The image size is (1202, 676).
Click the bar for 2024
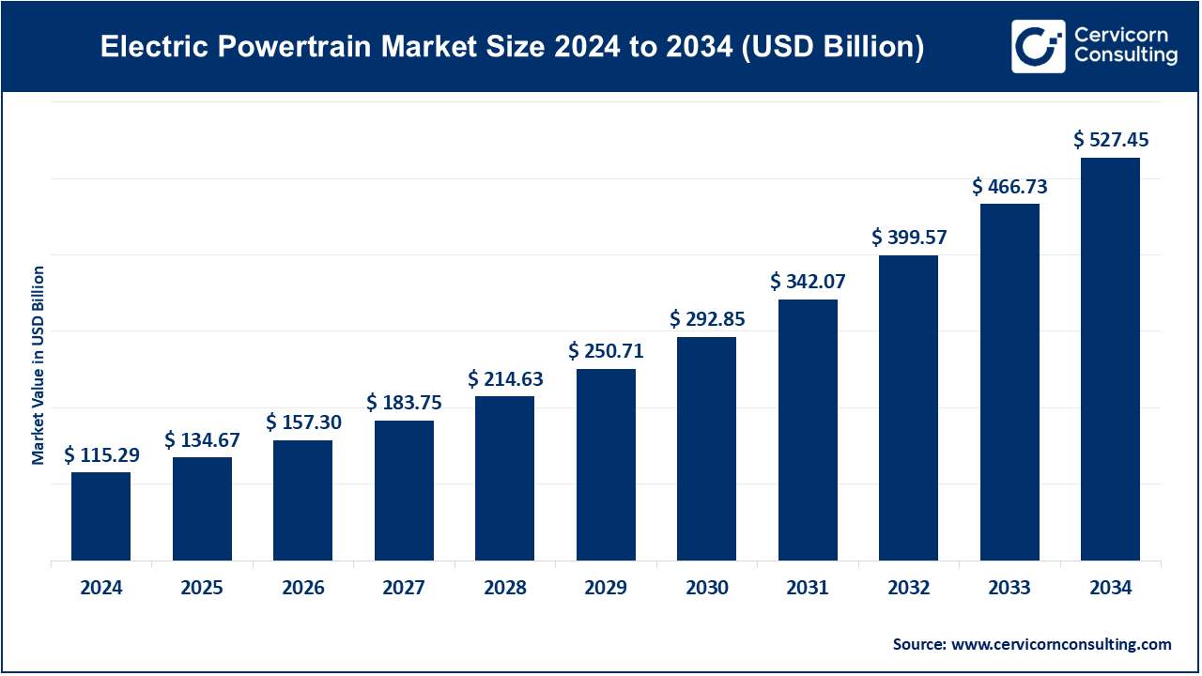[x=100, y=516]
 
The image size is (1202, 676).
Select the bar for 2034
[x=1110, y=360]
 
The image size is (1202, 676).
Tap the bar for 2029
[x=606, y=465]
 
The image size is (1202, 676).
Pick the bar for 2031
[x=808, y=430]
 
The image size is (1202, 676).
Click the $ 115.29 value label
[x=101, y=455]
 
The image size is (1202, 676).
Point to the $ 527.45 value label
[x=1111, y=141]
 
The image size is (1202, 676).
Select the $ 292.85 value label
[x=707, y=319]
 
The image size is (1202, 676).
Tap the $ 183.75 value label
[x=404, y=403]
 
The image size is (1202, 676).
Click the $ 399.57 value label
[x=909, y=238]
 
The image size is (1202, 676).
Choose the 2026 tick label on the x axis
[x=302, y=589]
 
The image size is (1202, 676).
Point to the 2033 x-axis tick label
[x=1009, y=589]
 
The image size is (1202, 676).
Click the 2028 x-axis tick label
[x=505, y=589]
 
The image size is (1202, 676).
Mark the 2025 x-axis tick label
[x=202, y=589]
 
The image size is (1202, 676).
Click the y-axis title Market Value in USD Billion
[x=39, y=365]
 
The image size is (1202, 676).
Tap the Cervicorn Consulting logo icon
[x=1038, y=46]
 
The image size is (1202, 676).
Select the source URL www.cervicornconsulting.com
[x=1061, y=644]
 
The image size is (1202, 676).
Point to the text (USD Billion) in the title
[x=831, y=47]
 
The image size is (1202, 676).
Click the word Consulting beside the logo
[x=1126, y=56]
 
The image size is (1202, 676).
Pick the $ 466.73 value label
[x=1009, y=187]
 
